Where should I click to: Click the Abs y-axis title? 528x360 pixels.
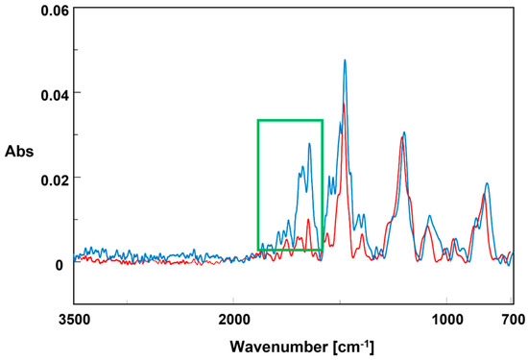click(x=17, y=151)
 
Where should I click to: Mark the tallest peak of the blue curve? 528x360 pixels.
click(x=345, y=60)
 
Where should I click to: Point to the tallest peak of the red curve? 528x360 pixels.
click(x=344, y=104)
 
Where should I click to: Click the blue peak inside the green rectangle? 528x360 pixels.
click(x=309, y=144)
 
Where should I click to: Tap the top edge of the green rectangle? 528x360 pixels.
click(x=290, y=120)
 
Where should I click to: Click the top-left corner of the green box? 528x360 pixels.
click(x=258, y=120)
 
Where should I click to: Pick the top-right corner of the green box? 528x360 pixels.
click(x=322, y=120)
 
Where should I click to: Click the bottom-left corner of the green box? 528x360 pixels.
click(x=258, y=250)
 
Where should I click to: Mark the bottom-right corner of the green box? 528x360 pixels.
click(x=322, y=250)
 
